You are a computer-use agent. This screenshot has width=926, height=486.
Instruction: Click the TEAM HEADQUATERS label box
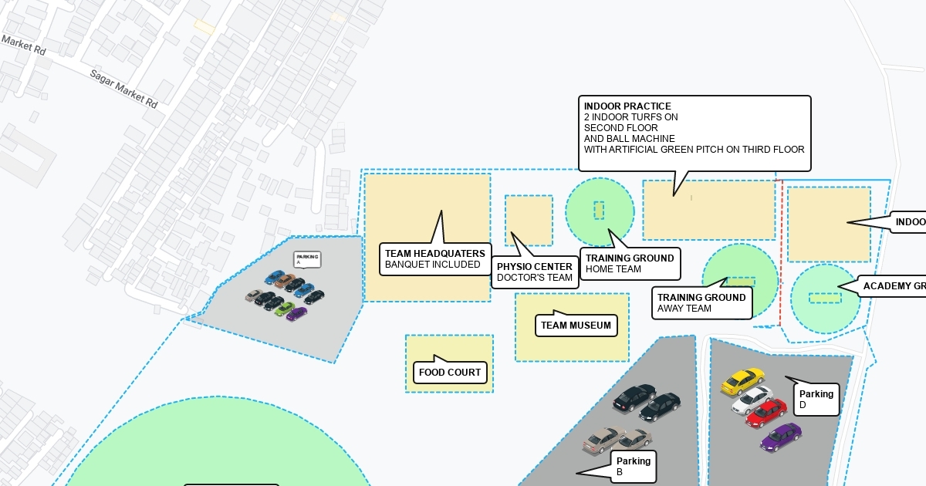[435, 258]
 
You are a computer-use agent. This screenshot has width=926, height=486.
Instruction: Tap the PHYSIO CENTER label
[535, 272]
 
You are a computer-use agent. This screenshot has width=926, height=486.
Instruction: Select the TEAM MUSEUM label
[576, 326]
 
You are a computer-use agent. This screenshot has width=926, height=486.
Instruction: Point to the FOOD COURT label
[450, 373]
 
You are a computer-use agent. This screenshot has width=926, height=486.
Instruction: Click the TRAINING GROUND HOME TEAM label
[630, 264]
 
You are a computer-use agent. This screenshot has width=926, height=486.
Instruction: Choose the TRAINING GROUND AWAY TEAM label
[701, 302]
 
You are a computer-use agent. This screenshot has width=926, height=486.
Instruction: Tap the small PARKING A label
[306, 259]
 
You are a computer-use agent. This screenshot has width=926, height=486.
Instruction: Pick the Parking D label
[816, 400]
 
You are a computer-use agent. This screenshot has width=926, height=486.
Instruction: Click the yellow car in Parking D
[743, 380]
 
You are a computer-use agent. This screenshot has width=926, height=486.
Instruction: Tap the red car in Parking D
[766, 413]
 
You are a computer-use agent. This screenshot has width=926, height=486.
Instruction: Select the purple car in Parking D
[781, 437]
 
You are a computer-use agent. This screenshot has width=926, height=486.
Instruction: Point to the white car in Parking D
[752, 399]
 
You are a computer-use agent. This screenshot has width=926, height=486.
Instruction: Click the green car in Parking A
[285, 309]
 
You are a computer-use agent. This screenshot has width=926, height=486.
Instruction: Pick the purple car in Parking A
[297, 314]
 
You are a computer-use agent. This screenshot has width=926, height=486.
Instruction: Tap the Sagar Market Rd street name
[123, 88]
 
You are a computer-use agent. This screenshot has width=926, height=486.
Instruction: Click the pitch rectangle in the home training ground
[599, 210]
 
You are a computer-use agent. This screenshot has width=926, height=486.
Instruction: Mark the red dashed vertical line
[781, 255]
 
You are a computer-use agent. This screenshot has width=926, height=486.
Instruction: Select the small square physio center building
[529, 221]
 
